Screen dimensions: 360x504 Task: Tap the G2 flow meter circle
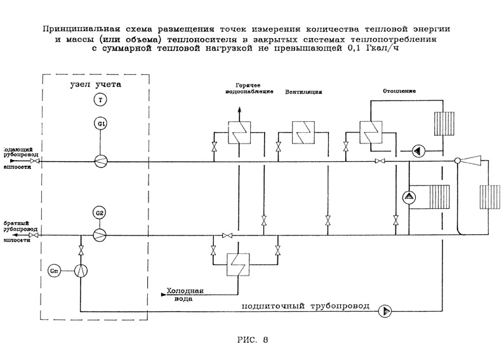[x=100, y=212]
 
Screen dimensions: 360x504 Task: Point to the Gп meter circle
[x=54, y=270]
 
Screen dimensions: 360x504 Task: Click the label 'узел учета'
[x=95, y=84]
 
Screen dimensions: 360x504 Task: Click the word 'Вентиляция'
[x=303, y=91]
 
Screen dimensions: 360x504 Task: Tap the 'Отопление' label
[x=400, y=91]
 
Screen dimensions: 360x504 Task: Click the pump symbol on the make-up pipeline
[x=385, y=310]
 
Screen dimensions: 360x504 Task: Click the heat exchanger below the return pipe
[x=239, y=262]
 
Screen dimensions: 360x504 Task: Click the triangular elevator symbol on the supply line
[x=472, y=161]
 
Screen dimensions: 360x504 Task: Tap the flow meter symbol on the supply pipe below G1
[x=100, y=161]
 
